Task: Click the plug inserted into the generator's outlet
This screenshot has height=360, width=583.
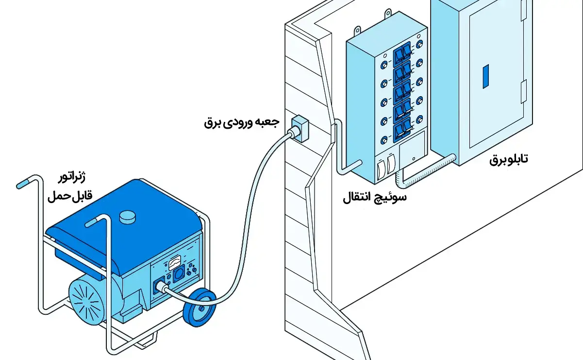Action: (161, 287)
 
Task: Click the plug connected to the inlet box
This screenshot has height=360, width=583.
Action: (293, 133)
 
